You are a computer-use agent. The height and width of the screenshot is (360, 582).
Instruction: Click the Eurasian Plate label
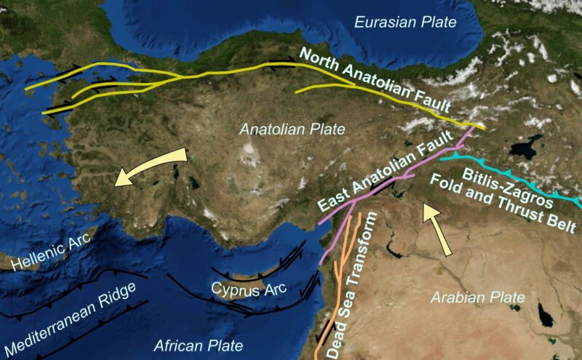[405, 23]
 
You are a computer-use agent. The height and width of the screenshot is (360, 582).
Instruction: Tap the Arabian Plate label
[477, 297]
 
